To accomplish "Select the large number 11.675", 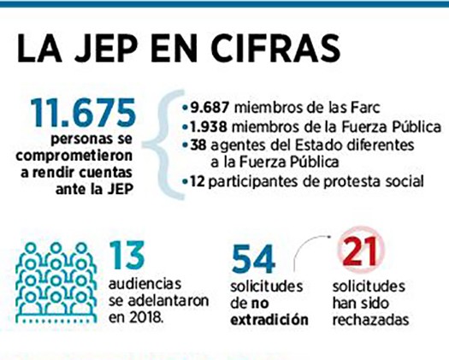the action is [83, 113].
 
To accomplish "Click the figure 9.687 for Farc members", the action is [210, 108].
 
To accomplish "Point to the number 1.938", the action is [208, 127].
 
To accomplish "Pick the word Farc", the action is [364, 108].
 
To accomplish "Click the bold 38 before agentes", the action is [198, 145].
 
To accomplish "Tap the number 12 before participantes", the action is [198, 181].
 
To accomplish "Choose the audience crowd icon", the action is [56, 283].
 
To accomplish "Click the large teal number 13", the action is [127, 255].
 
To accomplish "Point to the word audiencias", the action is [145, 284].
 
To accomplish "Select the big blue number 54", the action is [253, 259].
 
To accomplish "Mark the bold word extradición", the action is [269, 319].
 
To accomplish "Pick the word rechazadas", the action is [370, 319].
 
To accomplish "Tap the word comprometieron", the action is [74, 156].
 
